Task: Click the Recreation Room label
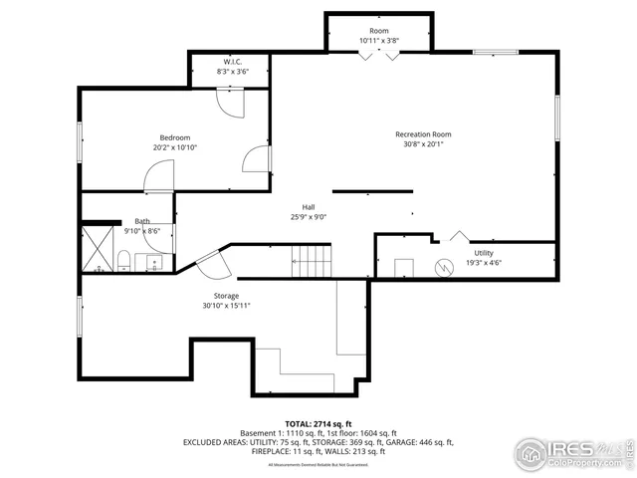click(423, 134)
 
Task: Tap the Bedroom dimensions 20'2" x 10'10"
click(175, 147)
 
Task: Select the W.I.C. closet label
click(229, 62)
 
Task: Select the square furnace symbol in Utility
click(405, 268)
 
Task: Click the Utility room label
click(483, 253)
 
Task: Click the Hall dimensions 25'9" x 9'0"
click(309, 216)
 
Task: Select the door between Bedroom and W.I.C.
click(229, 104)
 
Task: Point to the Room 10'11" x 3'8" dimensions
click(379, 41)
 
